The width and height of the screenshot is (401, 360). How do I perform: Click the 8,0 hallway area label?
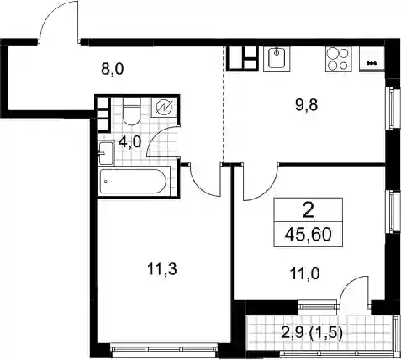(112, 69)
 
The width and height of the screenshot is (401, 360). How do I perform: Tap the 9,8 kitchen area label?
(306, 105)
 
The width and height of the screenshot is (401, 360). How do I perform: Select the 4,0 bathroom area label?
(129, 142)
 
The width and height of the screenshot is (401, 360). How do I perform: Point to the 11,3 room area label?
(161, 270)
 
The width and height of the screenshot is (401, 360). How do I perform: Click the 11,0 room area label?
(305, 273)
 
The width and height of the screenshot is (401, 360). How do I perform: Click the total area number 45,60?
(308, 235)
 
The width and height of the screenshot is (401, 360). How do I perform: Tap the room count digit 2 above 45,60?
(309, 211)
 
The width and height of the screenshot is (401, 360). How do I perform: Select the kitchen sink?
(277, 58)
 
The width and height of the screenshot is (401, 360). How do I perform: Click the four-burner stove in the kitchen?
(338, 59)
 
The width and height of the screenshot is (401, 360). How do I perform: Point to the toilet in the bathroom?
(131, 111)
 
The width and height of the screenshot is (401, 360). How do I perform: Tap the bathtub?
(133, 181)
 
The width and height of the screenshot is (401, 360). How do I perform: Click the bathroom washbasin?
(106, 153)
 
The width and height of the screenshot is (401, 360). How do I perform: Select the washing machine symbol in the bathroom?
(164, 107)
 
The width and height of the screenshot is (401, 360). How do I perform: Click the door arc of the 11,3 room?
(200, 188)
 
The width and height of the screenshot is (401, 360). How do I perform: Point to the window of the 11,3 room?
(164, 349)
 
